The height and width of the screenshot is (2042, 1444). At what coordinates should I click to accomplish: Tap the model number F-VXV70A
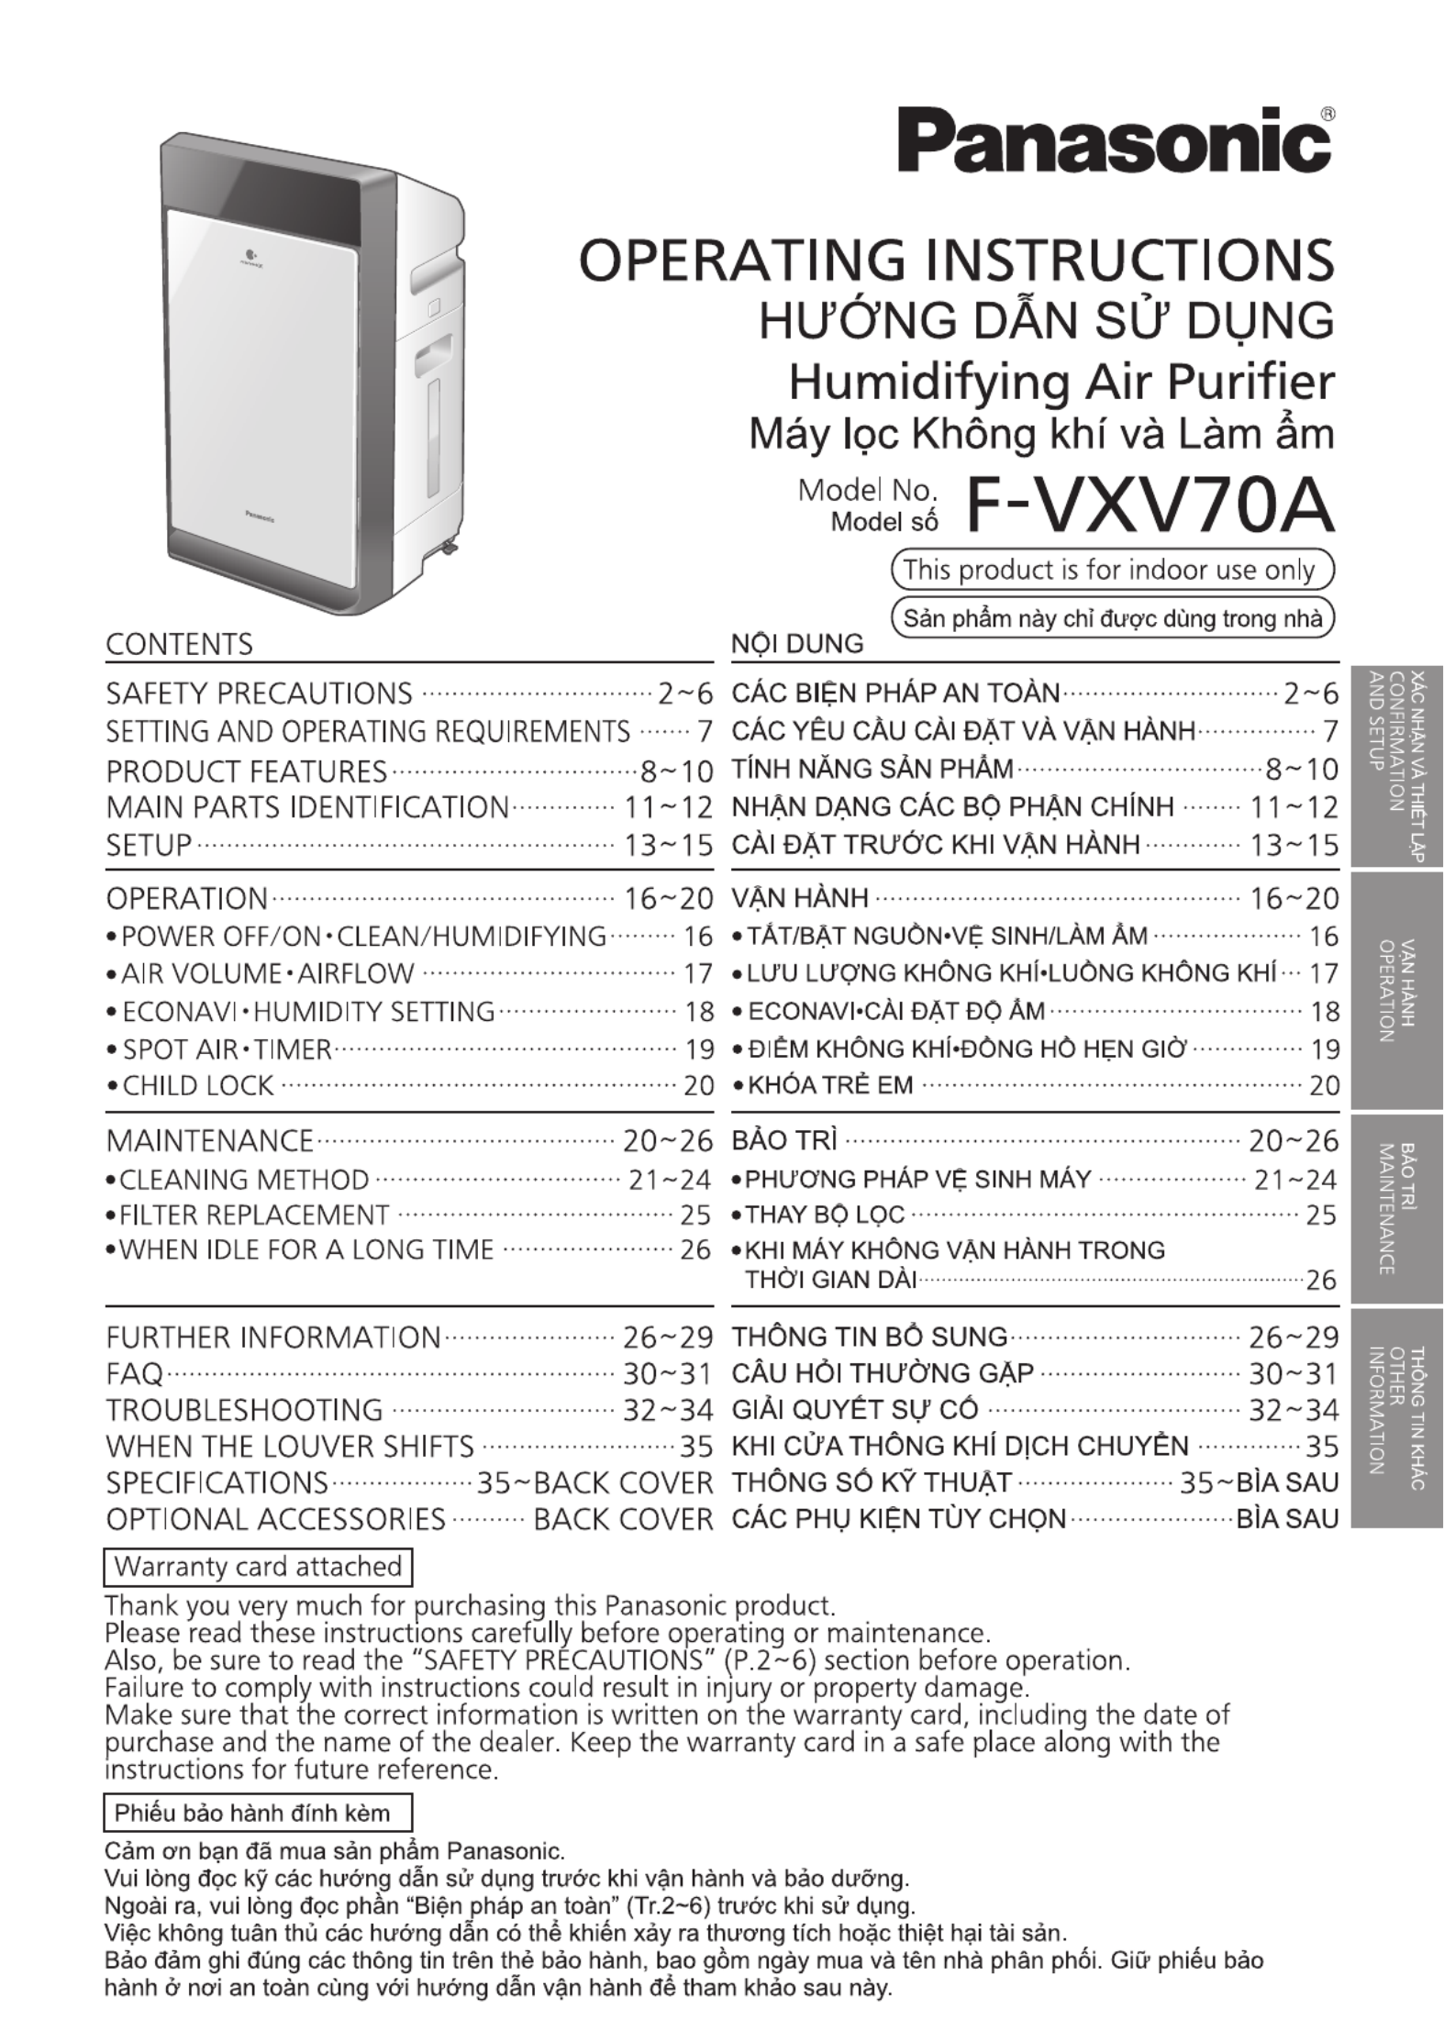[x=1149, y=506]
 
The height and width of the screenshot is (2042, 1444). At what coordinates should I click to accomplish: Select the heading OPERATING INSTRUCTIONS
[x=957, y=260]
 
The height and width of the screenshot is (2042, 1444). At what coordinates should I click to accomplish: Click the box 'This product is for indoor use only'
[x=1112, y=570]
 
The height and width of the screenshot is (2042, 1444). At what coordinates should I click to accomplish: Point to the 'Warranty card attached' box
[x=258, y=1566]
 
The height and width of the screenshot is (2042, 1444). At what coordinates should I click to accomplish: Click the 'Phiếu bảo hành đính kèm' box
[x=258, y=1813]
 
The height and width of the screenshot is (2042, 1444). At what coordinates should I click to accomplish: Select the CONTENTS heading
[x=179, y=644]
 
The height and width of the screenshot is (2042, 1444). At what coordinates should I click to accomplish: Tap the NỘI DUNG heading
[x=797, y=644]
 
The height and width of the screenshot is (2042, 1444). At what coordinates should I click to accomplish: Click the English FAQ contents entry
[x=135, y=1373]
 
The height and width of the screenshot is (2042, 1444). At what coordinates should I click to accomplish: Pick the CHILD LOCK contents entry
[x=197, y=1085]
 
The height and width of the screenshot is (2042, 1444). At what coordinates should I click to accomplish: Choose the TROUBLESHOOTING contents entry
[x=244, y=1409]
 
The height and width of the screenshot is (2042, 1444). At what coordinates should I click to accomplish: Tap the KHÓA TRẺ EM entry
[x=830, y=1085]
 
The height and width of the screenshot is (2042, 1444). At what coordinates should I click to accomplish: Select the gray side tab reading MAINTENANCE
[x=1396, y=1209]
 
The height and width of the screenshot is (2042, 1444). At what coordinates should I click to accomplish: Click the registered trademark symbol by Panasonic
[x=1327, y=114]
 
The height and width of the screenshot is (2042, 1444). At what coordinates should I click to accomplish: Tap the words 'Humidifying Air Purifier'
[x=1061, y=382]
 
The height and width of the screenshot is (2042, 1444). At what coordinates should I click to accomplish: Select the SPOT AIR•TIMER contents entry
[x=227, y=1049]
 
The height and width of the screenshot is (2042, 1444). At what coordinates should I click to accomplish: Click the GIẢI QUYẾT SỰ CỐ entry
[x=855, y=1409]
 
